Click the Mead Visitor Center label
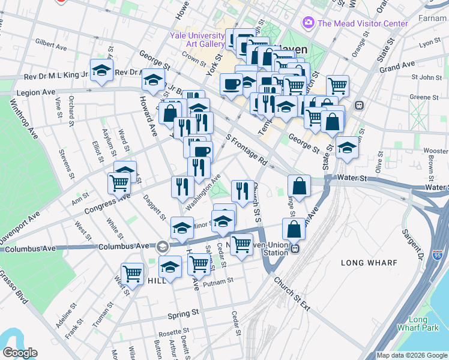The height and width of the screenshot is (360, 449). click(363, 23)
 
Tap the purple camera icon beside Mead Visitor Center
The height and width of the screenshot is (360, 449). click(309, 23)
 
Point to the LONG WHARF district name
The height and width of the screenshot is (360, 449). click(366, 263)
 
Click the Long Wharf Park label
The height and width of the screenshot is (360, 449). click(418, 323)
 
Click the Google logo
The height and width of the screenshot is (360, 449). click(20, 353)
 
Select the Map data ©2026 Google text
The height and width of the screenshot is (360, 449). click(411, 355)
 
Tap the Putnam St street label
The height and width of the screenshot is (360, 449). click(217, 282)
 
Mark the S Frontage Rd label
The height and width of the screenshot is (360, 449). click(246, 150)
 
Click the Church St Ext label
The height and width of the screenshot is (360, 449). click(292, 293)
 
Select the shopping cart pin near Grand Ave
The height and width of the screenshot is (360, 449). click(338, 85)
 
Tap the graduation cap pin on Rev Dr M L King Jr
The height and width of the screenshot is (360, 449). click(102, 70)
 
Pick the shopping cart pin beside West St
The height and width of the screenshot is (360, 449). click(132, 274)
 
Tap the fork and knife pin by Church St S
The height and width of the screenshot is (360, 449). click(242, 191)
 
